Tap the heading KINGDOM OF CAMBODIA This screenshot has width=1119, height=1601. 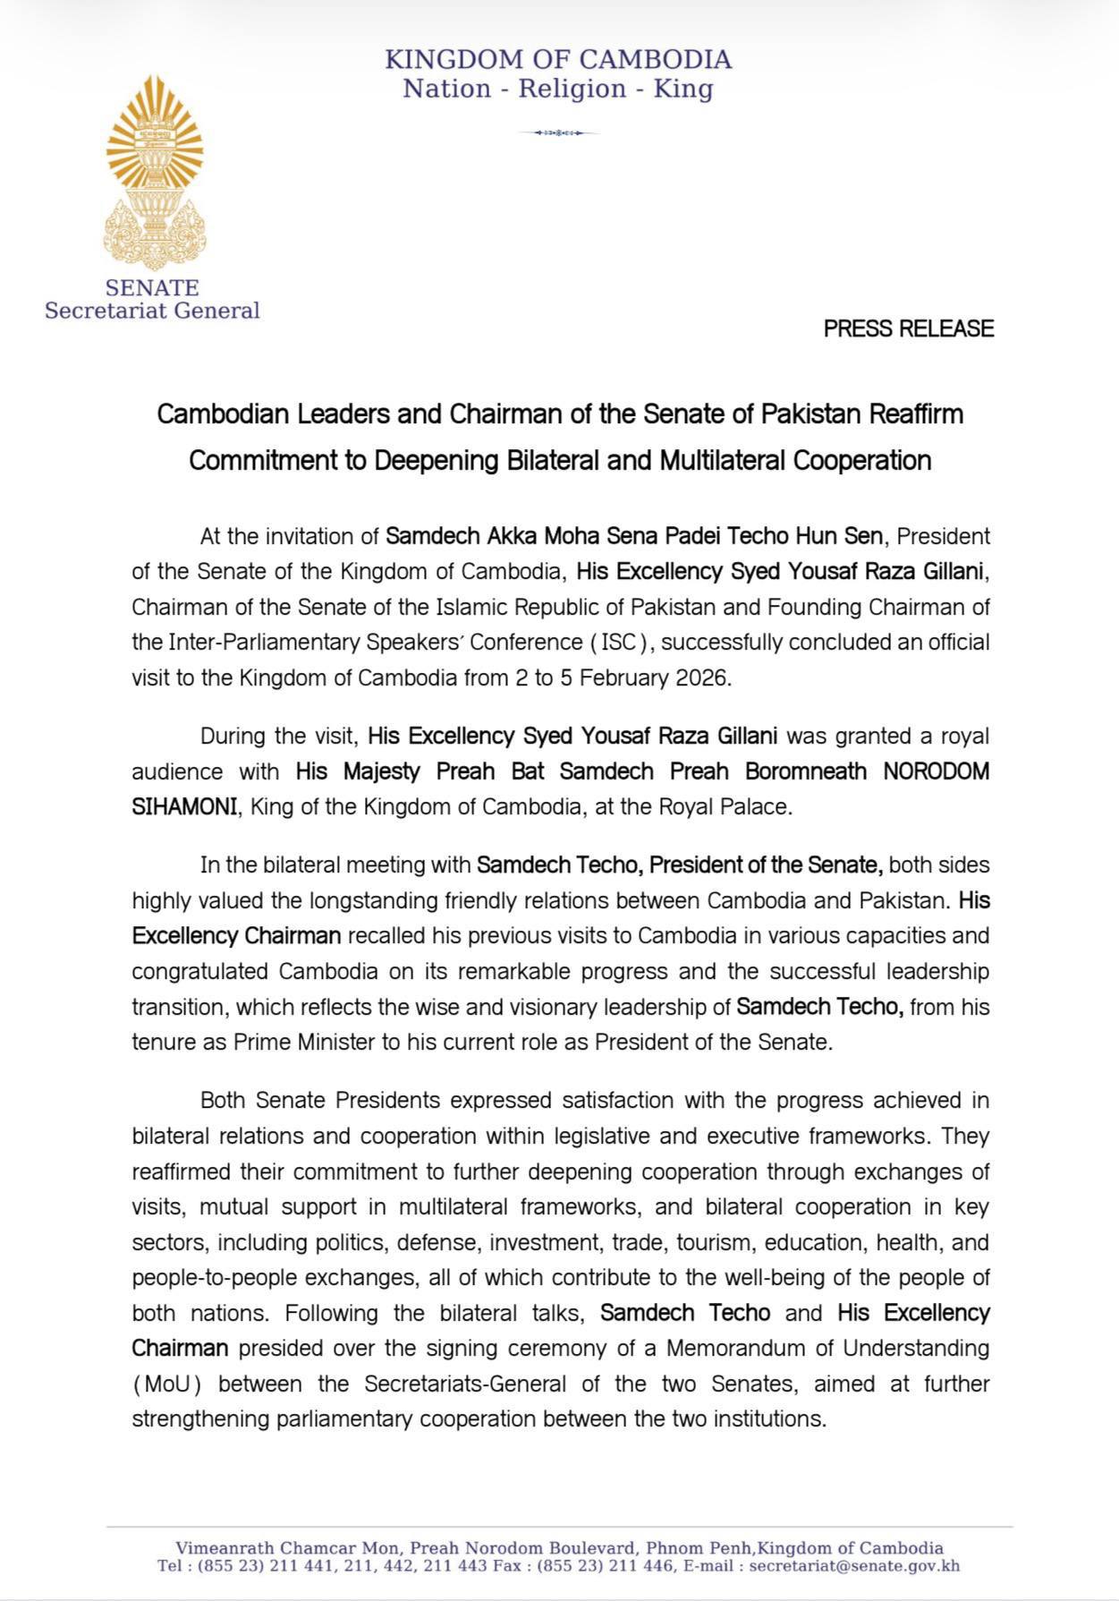pyautogui.click(x=558, y=60)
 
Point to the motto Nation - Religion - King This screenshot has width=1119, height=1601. pyautogui.click(x=558, y=89)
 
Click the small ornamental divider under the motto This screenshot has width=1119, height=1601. pyautogui.click(x=558, y=133)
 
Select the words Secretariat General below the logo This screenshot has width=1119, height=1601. pyautogui.click(x=152, y=311)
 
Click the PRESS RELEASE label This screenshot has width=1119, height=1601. pyautogui.click(x=908, y=328)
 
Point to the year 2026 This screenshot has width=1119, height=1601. pyautogui.click(x=699, y=677)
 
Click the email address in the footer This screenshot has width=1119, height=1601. pyautogui.click(x=854, y=1565)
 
